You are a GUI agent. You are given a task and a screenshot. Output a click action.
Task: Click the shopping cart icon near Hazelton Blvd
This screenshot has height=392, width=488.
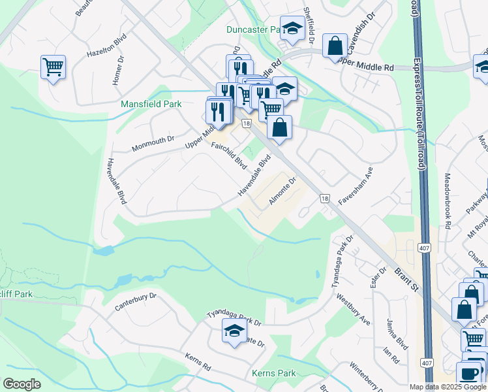(52, 67)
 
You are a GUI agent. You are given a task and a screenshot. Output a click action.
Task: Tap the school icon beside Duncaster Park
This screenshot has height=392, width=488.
(292, 28)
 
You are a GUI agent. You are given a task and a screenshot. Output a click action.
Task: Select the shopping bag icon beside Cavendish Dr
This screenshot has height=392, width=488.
(335, 46)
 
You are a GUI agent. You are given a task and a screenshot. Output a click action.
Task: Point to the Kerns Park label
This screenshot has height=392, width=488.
(273, 373)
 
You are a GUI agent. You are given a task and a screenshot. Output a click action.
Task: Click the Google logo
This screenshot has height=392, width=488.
(22, 384)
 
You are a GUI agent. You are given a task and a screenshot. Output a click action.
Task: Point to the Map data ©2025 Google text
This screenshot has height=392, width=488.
(448, 387)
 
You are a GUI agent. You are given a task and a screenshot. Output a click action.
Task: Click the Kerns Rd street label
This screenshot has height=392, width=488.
(198, 363)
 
